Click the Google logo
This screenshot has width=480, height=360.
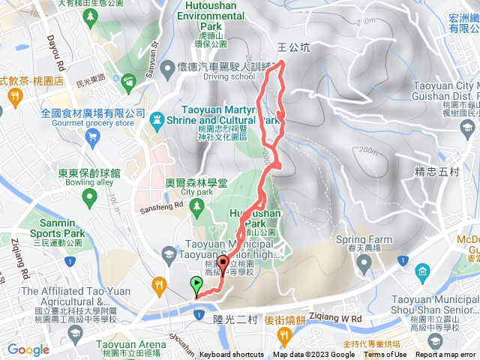click(28, 349)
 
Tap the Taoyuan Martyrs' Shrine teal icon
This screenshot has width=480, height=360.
click(157, 118)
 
